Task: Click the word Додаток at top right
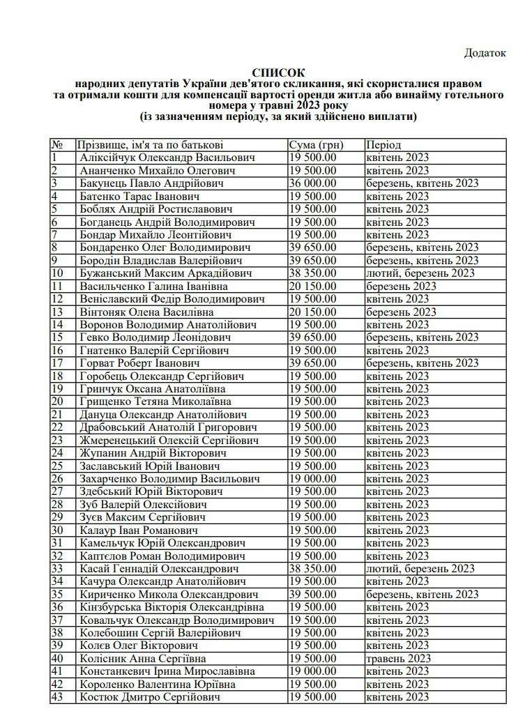485,53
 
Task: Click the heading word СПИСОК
279,72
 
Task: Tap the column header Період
383,145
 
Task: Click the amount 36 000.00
314,183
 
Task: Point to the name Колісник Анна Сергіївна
142,658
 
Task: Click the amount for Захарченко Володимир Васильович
312,480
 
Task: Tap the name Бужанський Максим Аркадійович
162,273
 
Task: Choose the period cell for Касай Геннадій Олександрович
420,569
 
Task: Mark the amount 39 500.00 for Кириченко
314,595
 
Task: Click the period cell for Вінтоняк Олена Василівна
401,312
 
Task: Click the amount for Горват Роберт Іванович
314,363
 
